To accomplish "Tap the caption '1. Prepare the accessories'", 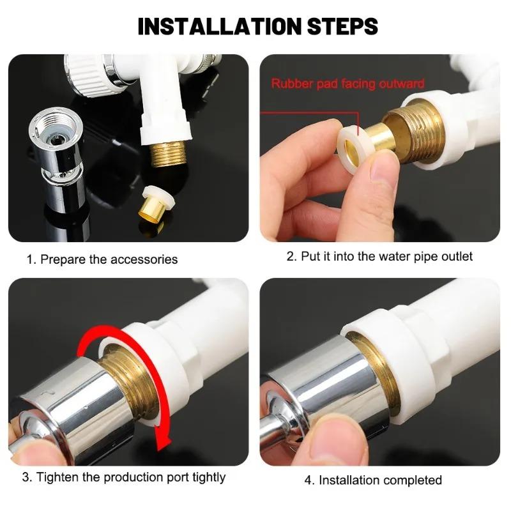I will (x=102, y=259).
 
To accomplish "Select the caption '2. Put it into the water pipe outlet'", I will (x=380, y=256).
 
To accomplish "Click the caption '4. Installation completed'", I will (x=373, y=480).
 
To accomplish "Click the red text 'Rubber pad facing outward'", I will (x=347, y=84).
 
